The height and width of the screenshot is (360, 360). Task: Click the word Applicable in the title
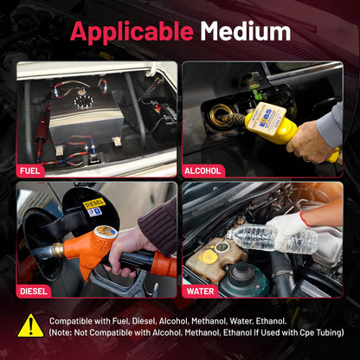point(132,32)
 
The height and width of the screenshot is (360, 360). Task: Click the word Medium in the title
point(246,31)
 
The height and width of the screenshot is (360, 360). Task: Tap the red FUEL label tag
point(30,171)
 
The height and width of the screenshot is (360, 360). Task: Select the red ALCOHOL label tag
point(203,170)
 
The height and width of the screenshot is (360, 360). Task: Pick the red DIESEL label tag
point(34,291)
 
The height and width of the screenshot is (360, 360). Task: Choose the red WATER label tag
point(201,291)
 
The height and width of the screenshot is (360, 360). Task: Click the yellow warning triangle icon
point(30,326)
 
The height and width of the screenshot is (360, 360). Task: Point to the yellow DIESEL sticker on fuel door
point(94,203)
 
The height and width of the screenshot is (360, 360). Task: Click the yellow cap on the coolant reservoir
point(208,256)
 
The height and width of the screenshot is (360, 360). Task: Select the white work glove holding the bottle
point(288,228)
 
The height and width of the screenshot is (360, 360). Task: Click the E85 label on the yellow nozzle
point(266,117)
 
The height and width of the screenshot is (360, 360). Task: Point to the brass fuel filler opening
point(221,116)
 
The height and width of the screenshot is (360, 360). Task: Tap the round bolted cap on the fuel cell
point(84,101)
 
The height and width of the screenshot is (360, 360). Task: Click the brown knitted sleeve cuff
point(157,227)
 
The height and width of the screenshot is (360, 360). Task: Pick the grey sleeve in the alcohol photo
point(331,125)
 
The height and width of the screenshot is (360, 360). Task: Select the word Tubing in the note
point(329,333)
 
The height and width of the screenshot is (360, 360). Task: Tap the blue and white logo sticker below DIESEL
point(94,212)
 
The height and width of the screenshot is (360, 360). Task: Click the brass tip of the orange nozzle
point(58,250)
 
